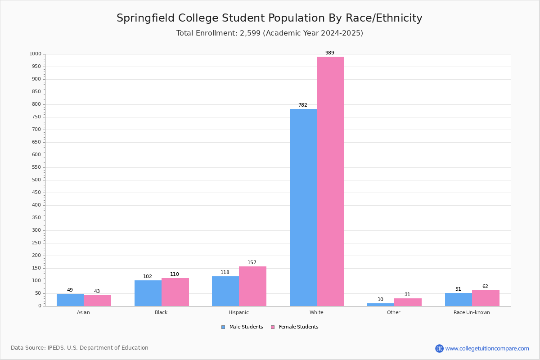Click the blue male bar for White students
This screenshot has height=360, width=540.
click(303, 207)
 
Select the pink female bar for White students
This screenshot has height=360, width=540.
click(330, 181)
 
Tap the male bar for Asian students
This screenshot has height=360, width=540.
click(70, 300)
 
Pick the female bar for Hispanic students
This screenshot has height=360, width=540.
click(252, 286)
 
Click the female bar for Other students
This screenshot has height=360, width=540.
click(408, 302)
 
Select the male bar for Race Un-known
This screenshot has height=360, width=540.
click(459, 300)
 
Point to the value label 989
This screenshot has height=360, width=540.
click(330, 53)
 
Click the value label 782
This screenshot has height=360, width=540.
click(303, 105)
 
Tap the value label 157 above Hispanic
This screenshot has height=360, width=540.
click(252, 262)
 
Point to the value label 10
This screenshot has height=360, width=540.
click(380, 300)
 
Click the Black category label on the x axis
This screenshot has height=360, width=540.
click(161, 312)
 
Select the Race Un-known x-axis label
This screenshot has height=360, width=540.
click(472, 312)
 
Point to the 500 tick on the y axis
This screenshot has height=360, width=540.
click(36, 180)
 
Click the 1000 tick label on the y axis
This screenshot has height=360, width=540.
click(36, 54)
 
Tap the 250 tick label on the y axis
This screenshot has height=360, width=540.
click(36, 243)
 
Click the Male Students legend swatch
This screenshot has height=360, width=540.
click(223, 327)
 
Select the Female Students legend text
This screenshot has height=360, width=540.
click(299, 327)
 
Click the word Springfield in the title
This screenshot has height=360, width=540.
click(146, 18)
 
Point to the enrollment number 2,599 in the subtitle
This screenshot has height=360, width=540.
click(250, 33)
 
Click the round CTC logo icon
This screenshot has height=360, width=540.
click(439, 348)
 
